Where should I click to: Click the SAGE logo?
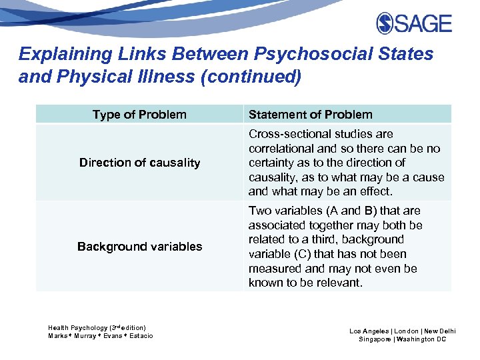414,23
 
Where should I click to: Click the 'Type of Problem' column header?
139,115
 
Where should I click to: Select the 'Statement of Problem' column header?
311,115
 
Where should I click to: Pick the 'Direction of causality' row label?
139,163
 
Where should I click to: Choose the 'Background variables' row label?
139,247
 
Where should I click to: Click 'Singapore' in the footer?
375,339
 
